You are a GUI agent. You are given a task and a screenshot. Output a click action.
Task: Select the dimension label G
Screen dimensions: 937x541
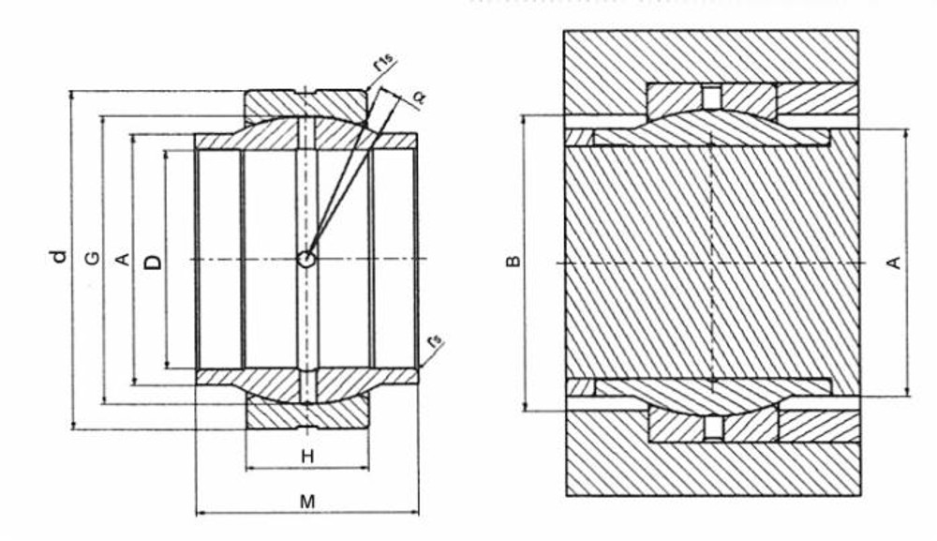click(x=90, y=258)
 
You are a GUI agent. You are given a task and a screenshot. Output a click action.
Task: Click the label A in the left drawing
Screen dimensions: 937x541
click(x=121, y=259)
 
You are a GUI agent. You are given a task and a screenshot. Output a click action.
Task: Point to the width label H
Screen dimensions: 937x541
click(x=306, y=457)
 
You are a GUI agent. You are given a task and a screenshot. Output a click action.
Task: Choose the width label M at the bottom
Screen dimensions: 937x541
click(x=306, y=503)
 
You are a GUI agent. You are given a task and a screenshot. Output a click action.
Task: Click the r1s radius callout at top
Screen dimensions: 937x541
click(x=382, y=64)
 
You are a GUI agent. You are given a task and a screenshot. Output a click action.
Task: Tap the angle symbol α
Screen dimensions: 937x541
click(x=417, y=97)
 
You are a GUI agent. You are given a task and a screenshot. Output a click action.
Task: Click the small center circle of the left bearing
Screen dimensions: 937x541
click(x=306, y=259)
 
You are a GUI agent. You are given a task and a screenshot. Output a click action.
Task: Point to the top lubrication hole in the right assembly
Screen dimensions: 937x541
click(x=712, y=96)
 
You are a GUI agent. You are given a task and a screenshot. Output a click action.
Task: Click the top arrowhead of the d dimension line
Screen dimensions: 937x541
click(x=72, y=95)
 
